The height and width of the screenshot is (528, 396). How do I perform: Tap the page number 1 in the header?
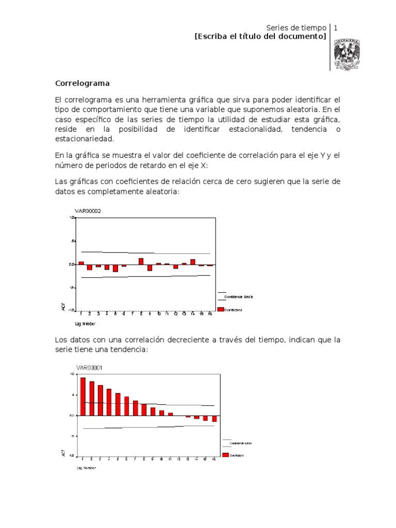point(336,27)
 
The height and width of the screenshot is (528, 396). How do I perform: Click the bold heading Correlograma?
point(82,82)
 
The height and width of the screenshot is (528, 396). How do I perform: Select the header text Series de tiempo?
point(296,27)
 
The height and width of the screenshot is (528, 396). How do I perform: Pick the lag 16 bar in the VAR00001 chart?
point(214,418)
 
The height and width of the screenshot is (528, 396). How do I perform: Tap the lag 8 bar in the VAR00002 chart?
point(141,261)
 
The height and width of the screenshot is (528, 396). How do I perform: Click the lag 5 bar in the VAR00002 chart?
point(115,268)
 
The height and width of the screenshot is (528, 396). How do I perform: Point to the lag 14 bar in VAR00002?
point(193,261)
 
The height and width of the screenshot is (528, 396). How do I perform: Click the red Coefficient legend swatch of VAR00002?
point(221,309)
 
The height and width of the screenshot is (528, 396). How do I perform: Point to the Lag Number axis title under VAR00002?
point(86,324)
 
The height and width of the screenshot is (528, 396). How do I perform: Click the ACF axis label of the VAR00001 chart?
point(63,453)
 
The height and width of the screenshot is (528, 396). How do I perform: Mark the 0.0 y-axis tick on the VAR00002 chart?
point(72,264)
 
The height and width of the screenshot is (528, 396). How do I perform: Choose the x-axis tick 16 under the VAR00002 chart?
point(210,313)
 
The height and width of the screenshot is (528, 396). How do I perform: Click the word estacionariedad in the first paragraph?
point(85,139)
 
